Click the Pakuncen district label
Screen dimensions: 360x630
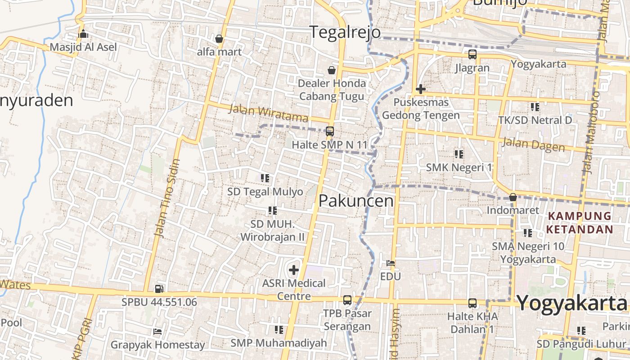pyautogui.click(x=356, y=201)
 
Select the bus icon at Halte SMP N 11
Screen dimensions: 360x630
pyautogui.click(x=330, y=131)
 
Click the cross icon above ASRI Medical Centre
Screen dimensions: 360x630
pyautogui.click(x=294, y=270)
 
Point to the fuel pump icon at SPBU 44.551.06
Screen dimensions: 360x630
pyautogui.click(x=159, y=289)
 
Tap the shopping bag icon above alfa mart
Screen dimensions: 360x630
pyautogui.click(x=219, y=39)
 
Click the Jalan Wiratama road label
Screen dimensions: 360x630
pyautogui.click(x=269, y=113)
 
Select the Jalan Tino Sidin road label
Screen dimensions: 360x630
pyautogui.click(x=166, y=198)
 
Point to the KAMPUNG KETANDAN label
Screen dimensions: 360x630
pyautogui.click(x=580, y=222)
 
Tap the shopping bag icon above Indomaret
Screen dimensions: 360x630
pyautogui.click(x=513, y=197)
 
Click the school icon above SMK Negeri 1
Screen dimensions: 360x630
pyautogui.click(x=459, y=154)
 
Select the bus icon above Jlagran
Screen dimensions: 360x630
pyautogui.click(x=472, y=55)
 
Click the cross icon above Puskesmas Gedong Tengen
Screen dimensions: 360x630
pyautogui.click(x=421, y=89)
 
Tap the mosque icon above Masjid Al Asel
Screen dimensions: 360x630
pyautogui.click(x=83, y=34)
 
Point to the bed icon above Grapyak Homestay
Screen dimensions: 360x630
pyautogui.click(x=157, y=332)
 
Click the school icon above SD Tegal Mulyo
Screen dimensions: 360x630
pyautogui.click(x=265, y=178)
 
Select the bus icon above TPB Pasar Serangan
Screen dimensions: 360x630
pyautogui.click(x=347, y=300)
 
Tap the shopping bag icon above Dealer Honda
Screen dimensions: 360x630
pyautogui.click(x=332, y=70)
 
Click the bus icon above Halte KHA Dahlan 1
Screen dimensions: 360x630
pyautogui.click(x=472, y=303)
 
